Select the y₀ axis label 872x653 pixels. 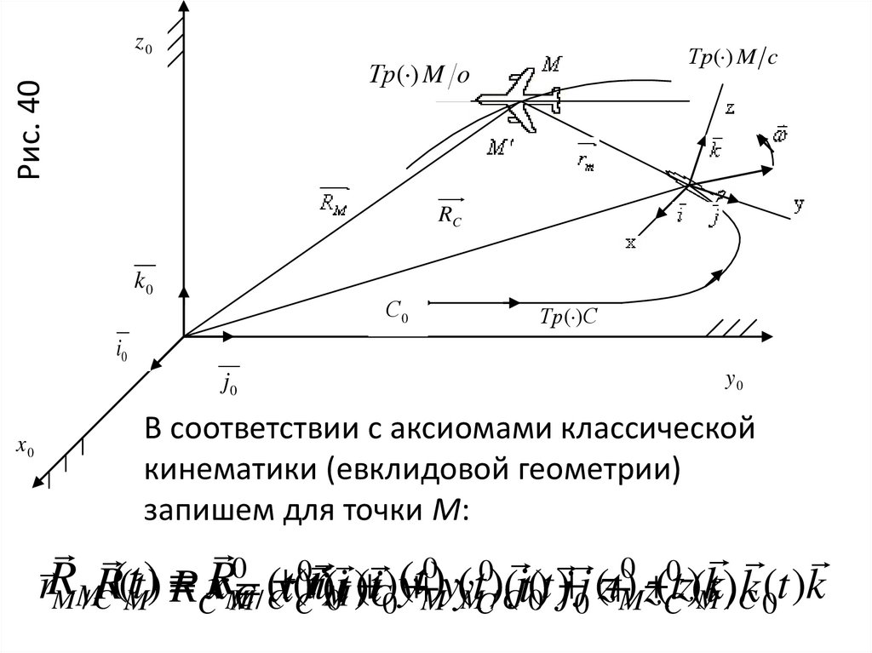734,383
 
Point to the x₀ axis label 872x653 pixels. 26,447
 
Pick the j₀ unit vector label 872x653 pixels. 227,383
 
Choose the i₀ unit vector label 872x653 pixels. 123,345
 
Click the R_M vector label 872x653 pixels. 333,201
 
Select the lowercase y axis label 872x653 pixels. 799,204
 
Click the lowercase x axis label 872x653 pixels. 631,243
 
